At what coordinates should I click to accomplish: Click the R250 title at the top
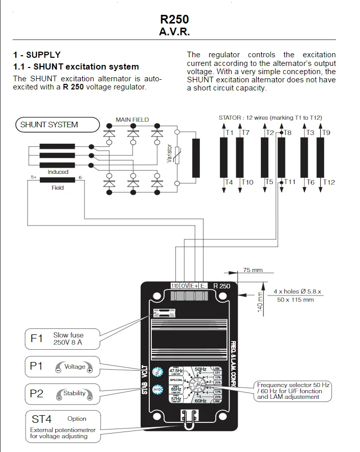click(x=174, y=19)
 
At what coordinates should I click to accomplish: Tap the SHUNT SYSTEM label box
click(x=49, y=124)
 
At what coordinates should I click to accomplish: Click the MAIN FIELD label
click(x=132, y=120)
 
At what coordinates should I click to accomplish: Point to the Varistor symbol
click(x=177, y=153)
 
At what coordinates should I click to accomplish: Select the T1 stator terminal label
click(x=230, y=133)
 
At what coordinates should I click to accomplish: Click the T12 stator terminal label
click(x=329, y=182)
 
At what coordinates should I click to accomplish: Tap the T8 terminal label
click(x=287, y=133)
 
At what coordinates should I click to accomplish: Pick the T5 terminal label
click(x=269, y=182)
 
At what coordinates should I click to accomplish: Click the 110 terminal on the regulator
click(x=175, y=286)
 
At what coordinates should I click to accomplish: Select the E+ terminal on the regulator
click(x=194, y=286)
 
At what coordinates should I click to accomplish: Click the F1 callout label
click(x=37, y=338)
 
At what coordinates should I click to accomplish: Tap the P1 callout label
click(x=37, y=367)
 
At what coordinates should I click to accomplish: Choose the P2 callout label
click(x=37, y=393)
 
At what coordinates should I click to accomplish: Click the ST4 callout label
click(x=42, y=419)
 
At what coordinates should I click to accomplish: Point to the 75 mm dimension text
click(x=252, y=270)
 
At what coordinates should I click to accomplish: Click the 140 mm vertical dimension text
click(x=260, y=302)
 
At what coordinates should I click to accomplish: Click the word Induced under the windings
click(x=58, y=172)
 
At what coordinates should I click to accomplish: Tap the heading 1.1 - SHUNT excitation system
click(x=76, y=66)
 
